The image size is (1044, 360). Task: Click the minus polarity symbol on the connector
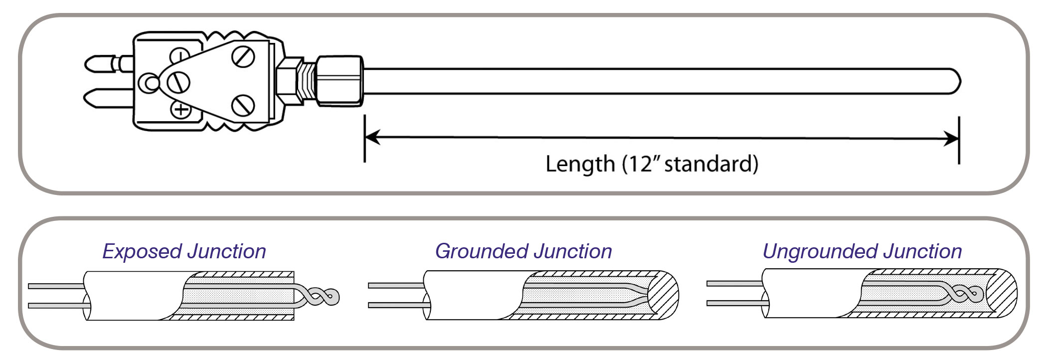click(x=180, y=54)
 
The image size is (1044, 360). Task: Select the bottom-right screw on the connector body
click(x=243, y=105)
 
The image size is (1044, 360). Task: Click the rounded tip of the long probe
click(x=954, y=81)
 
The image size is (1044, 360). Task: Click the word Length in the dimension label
click(x=580, y=164)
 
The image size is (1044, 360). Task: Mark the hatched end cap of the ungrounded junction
click(x=1001, y=294)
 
